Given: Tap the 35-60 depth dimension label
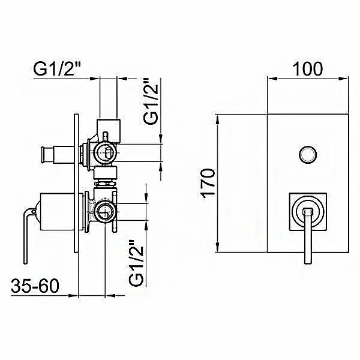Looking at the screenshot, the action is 35,286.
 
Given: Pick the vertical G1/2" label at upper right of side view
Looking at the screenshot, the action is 151,102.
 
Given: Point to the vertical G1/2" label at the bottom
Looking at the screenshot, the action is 136,263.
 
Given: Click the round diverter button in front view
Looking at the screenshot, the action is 308,154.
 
